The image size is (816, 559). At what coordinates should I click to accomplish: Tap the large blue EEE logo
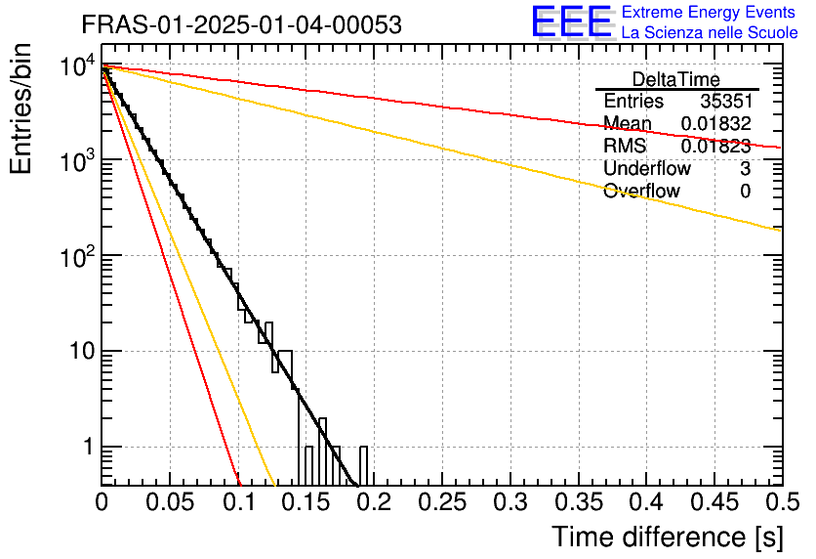click(570, 21)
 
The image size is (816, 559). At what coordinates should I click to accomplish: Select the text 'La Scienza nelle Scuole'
click(710, 33)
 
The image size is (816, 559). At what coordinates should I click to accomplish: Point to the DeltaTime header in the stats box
click(676, 79)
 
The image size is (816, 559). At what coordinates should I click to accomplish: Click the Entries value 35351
click(725, 102)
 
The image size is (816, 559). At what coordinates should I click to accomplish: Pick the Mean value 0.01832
click(715, 123)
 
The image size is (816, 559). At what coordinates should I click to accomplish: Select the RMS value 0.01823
click(715, 146)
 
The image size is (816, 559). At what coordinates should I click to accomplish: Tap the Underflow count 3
click(745, 168)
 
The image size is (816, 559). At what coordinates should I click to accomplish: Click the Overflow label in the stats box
click(641, 191)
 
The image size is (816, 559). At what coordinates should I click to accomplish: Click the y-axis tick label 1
click(85, 448)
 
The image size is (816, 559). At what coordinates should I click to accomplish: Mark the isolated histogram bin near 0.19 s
click(364, 465)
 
